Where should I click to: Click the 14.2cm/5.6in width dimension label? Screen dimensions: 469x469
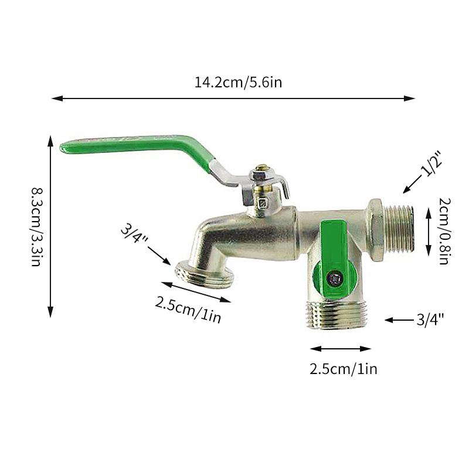point(238,82)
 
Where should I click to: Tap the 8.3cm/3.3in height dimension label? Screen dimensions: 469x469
point(38,227)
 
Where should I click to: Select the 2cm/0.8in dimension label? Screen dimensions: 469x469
point(444,231)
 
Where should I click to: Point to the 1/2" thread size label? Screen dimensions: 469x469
point(431,165)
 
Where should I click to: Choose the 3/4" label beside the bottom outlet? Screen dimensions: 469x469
point(430,320)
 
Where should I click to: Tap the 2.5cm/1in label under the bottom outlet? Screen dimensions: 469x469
point(343,369)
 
